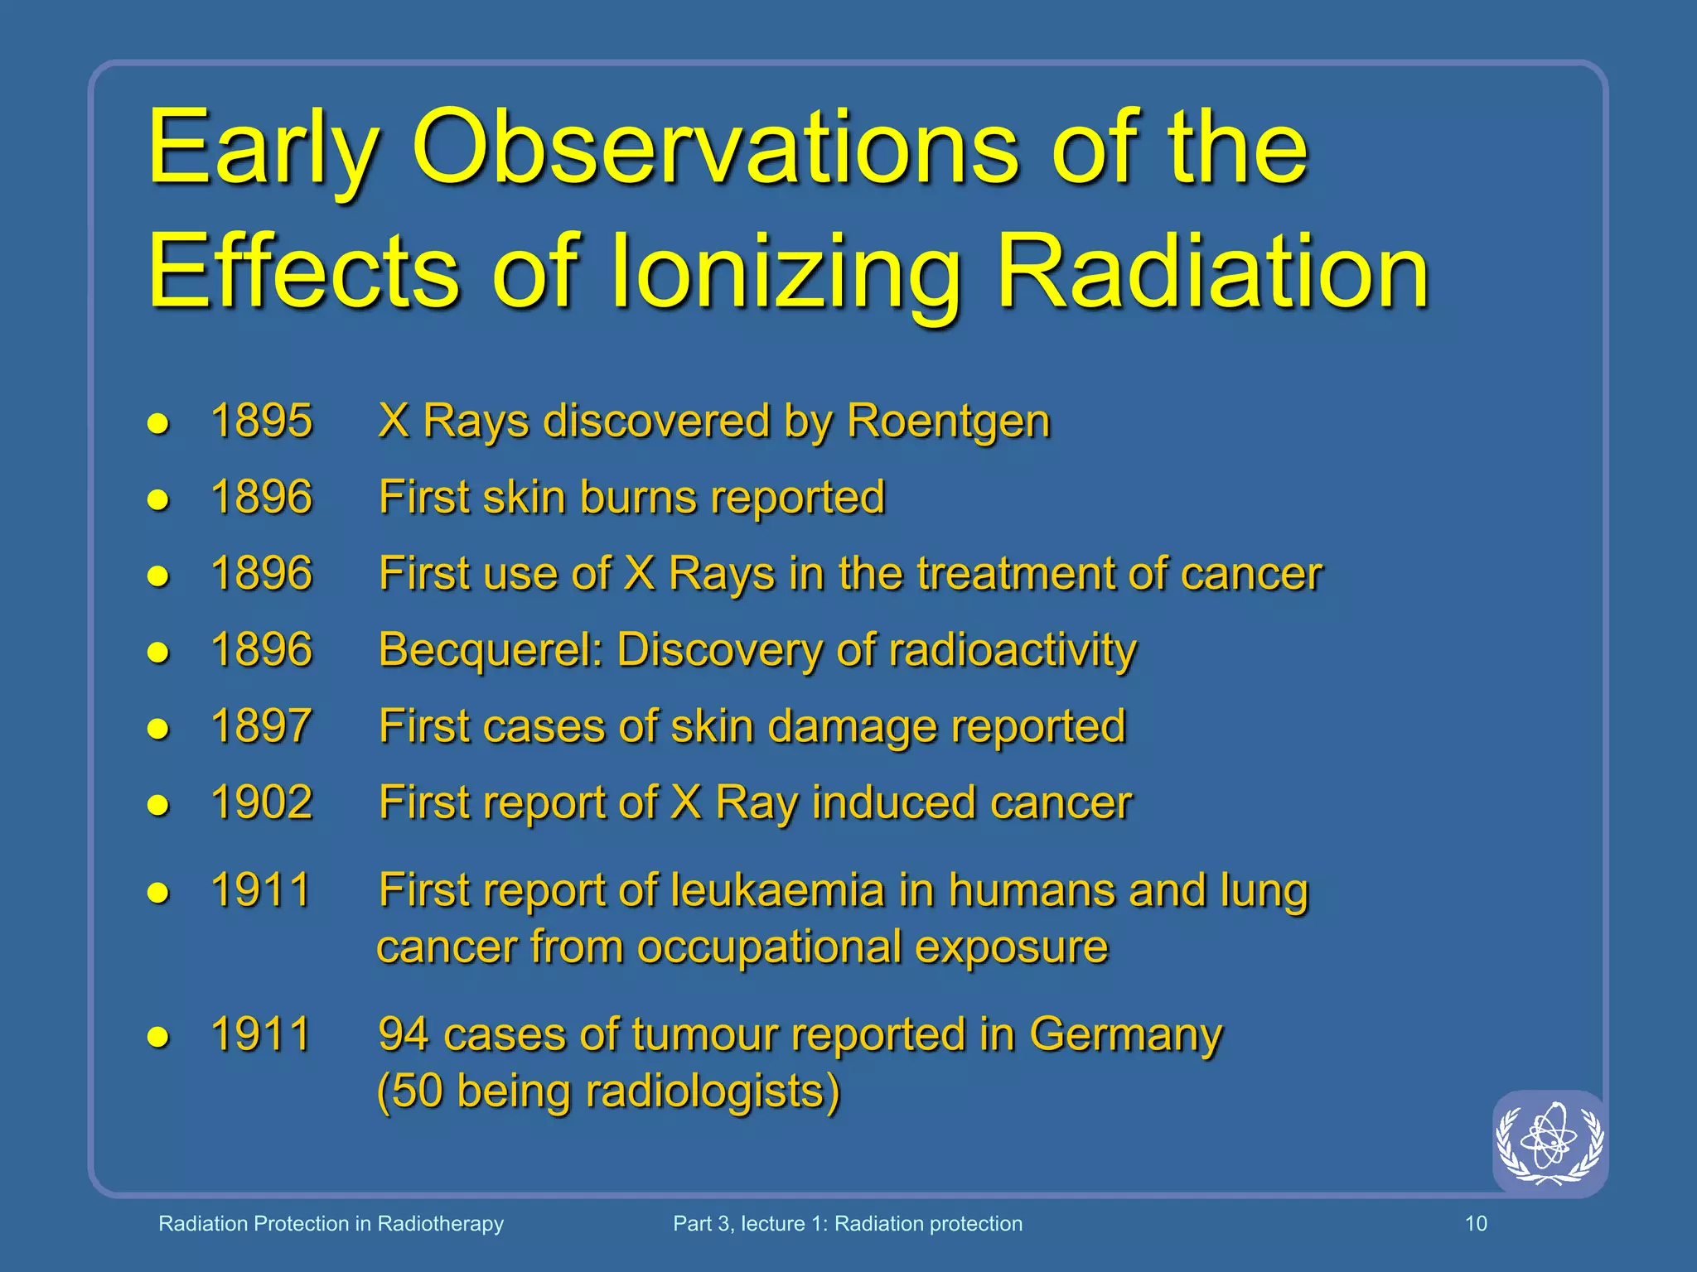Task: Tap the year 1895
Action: [262, 421]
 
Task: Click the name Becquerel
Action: [491, 650]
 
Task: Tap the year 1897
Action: [262, 726]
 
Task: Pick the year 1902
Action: [262, 802]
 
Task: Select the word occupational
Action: [768, 947]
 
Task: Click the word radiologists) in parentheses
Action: [713, 1091]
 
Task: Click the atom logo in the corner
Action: [1549, 1143]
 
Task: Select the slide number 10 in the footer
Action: [1476, 1224]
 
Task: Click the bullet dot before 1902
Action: [158, 805]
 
